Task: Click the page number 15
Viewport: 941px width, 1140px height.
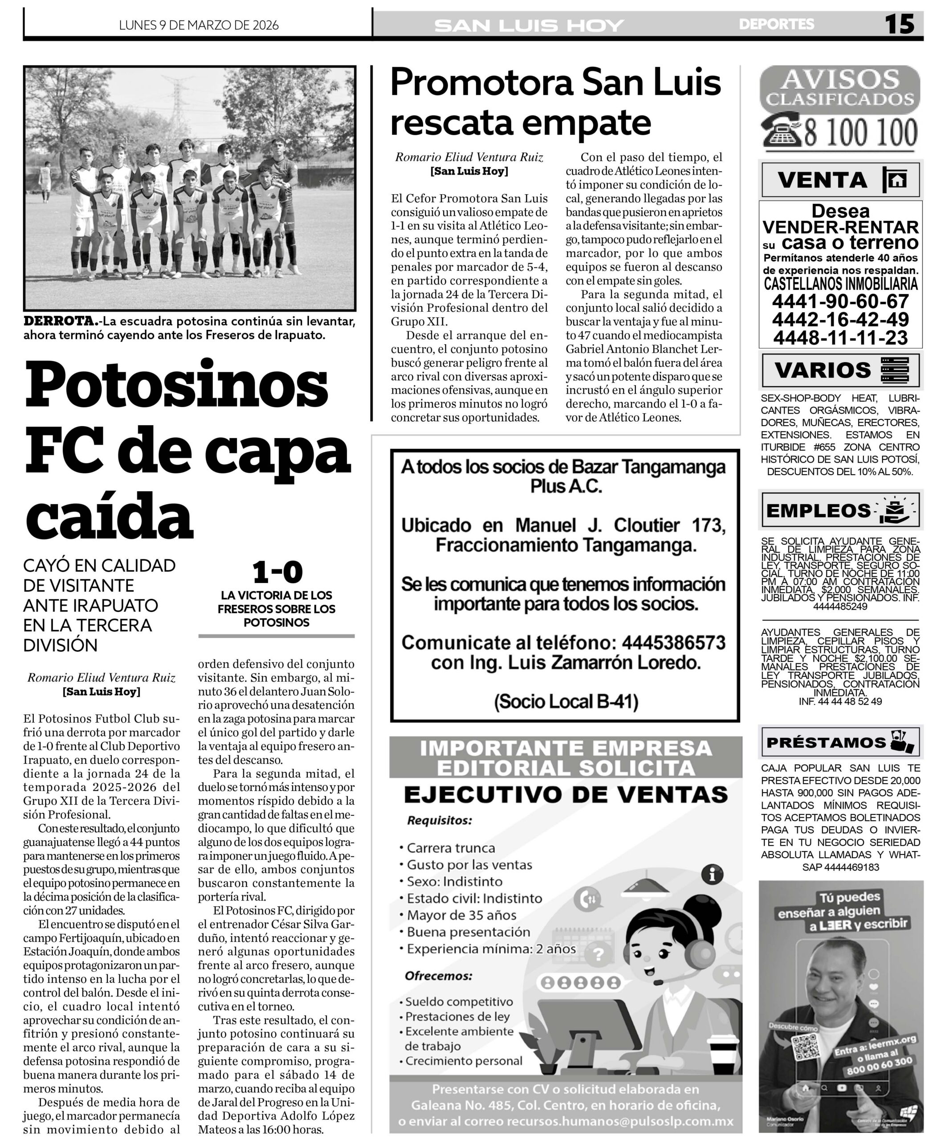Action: pyautogui.click(x=899, y=24)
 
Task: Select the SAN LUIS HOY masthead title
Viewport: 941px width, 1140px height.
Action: pyautogui.click(x=529, y=25)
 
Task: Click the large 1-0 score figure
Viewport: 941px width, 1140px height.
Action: pyautogui.click(x=277, y=572)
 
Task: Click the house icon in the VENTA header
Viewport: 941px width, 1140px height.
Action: pyautogui.click(x=897, y=179)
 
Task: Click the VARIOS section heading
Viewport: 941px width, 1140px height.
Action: pyautogui.click(x=822, y=370)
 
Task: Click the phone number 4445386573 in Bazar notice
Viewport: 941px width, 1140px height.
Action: pyautogui.click(x=673, y=643)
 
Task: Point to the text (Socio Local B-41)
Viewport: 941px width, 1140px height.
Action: pyautogui.click(x=566, y=701)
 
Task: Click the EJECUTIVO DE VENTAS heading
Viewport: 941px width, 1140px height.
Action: pyautogui.click(x=566, y=795)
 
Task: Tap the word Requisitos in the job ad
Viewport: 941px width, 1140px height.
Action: pyautogui.click(x=440, y=821)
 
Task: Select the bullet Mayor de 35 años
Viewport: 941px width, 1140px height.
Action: pyautogui.click(x=461, y=915)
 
